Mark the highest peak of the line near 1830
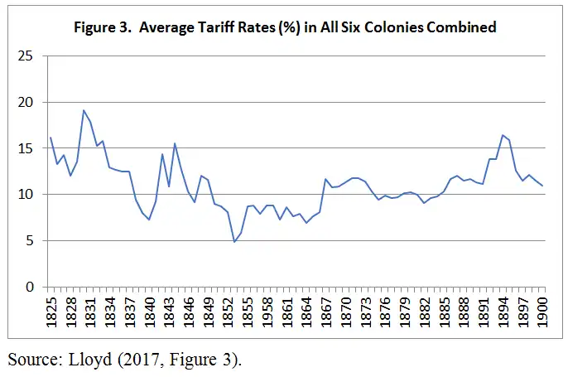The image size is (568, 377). (84, 110)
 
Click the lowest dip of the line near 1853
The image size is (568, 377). (234, 242)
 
